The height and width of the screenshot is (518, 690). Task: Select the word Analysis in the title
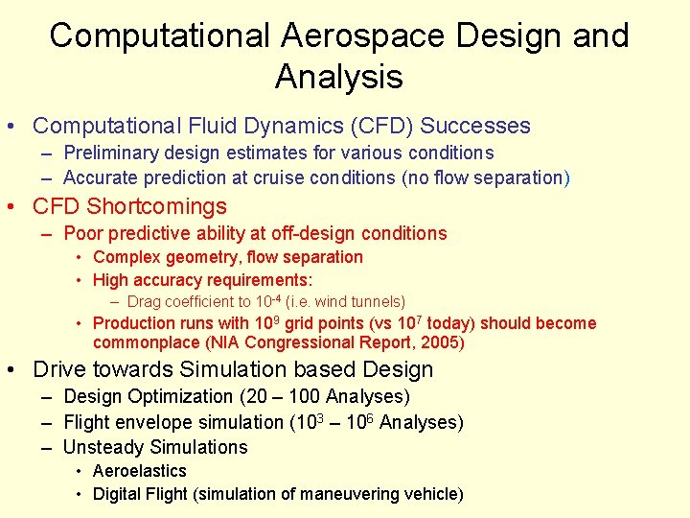[338, 76]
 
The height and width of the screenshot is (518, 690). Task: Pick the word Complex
[126, 257]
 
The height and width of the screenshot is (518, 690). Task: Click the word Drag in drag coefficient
[146, 301]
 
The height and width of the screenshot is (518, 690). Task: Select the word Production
[134, 323]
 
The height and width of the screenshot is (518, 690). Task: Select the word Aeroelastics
[140, 471]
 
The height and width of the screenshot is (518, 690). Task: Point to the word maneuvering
[347, 494]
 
